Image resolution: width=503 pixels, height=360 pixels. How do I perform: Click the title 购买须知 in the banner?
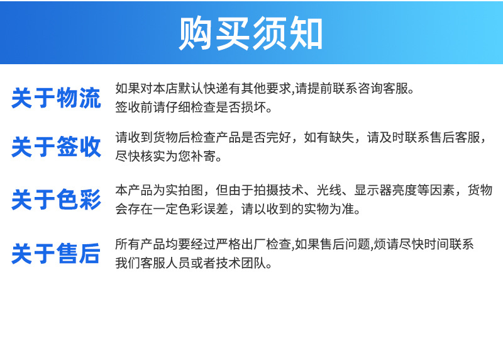[250, 33]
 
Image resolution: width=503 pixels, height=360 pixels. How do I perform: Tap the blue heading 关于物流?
[56, 98]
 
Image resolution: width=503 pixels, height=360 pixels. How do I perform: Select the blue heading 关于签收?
[56, 147]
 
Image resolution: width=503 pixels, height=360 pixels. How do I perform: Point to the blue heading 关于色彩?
[56, 200]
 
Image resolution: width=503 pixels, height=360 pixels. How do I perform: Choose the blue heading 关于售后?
[56, 254]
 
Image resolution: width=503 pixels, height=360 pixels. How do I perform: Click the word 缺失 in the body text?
[341, 137]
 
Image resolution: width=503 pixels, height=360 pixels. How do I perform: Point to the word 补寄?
[203, 156]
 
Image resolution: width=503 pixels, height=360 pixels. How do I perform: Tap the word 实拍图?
[184, 190]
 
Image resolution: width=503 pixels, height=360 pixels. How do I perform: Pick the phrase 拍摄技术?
[279, 190]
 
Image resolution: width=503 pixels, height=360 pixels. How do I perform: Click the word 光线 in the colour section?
[329, 190]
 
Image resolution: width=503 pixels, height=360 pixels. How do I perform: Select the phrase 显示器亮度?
[385, 190]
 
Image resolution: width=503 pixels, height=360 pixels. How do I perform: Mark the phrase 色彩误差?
[203, 209]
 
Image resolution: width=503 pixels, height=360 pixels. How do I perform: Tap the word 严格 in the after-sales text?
[228, 244]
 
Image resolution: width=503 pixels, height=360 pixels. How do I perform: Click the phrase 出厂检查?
[266, 244]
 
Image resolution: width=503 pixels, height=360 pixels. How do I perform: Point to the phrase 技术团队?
[241, 263]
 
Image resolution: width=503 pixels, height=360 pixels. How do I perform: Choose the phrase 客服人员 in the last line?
[165, 263]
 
